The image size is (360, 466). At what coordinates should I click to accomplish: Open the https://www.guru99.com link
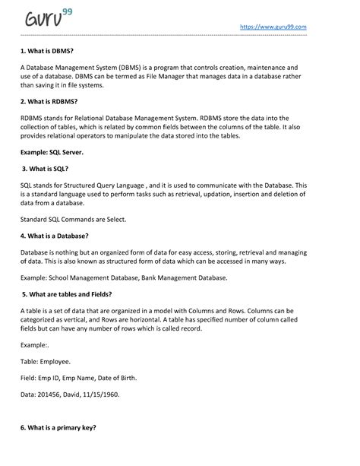(273, 27)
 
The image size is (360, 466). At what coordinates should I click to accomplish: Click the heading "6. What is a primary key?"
(58, 428)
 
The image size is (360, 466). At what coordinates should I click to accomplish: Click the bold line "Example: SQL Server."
(52, 153)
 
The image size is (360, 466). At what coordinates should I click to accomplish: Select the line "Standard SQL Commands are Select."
(73, 219)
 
